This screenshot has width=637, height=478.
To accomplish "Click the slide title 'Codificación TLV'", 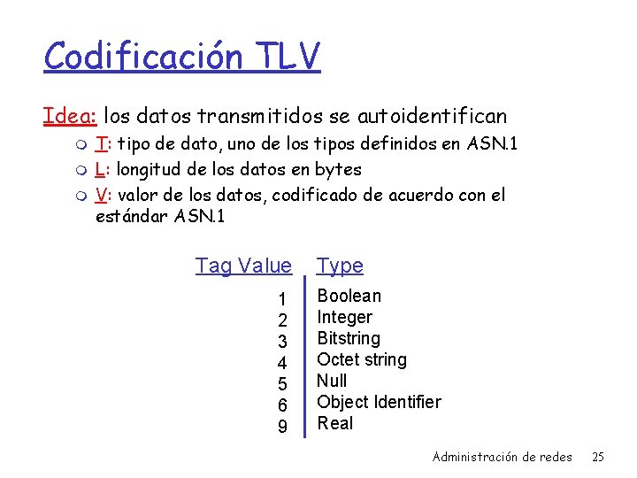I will tap(181, 57).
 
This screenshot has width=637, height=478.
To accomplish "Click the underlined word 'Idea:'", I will tap(70, 116).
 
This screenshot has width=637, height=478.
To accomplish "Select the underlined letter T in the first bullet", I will tap(101, 144).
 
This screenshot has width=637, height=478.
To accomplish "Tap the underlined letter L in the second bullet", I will tap(100, 169).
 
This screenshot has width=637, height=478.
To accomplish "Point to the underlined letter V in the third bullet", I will tap(101, 195).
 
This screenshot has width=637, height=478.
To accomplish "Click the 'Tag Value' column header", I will tap(243, 266).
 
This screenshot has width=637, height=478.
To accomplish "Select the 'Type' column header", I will tap(340, 266).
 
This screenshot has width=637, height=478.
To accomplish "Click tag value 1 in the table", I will tap(282, 298).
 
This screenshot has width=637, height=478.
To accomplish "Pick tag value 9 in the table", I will tap(282, 426).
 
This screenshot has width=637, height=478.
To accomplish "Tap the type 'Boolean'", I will tap(349, 296).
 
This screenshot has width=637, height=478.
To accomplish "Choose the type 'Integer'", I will tap(344, 317).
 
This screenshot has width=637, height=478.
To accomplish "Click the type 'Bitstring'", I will tap(348, 338).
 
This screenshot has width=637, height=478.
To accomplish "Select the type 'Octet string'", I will tap(361, 359).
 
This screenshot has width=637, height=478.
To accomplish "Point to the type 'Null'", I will tap(332, 381).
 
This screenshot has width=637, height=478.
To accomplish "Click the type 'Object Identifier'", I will tap(379, 402).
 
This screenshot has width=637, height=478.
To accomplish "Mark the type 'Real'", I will tap(334, 423).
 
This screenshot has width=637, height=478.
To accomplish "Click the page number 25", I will tap(597, 457).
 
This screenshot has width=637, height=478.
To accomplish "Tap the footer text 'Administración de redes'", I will tap(502, 457).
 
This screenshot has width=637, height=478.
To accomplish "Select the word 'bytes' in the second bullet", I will tap(339, 169).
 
